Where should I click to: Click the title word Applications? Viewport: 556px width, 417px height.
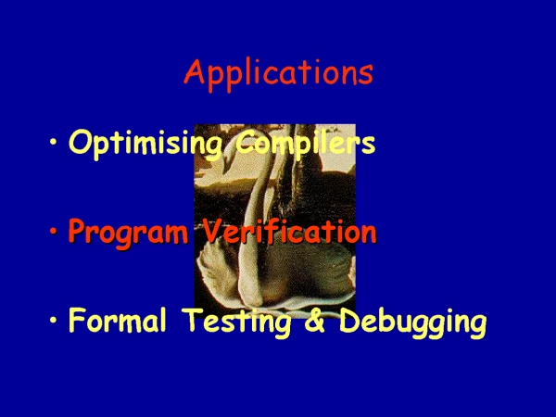pyautogui.click(x=278, y=75)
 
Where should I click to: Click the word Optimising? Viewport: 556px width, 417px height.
pyautogui.click(x=145, y=144)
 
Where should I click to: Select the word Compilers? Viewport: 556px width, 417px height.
pyautogui.click(x=305, y=142)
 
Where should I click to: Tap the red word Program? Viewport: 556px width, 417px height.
pyautogui.click(x=128, y=233)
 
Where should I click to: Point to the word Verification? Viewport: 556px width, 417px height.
pyautogui.click(x=289, y=231)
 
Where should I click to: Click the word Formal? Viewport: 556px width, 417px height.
pyautogui.click(x=118, y=320)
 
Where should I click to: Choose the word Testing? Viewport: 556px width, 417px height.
pyautogui.click(x=237, y=322)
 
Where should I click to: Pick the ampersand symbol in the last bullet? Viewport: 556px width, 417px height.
pyautogui.click(x=315, y=320)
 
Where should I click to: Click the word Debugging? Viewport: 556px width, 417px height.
pyautogui.click(x=413, y=322)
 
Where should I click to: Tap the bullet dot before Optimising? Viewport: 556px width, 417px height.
pyautogui.click(x=54, y=142)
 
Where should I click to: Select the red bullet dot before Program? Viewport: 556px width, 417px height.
pyautogui.click(x=54, y=231)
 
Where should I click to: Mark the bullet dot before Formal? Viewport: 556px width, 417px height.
pyautogui.click(x=54, y=320)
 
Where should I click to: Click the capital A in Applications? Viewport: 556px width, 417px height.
pyautogui.click(x=195, y=71)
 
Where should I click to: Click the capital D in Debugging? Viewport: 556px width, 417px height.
pyautogui.click(x=350, y=320)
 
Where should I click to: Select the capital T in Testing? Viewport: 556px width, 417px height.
pyautogui.click(x=194, y=320)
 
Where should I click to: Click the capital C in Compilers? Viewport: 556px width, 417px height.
pyautogui.click(x=246, y=142)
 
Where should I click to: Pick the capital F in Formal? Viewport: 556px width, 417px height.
pyautogui.click(x=78, y=320)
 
